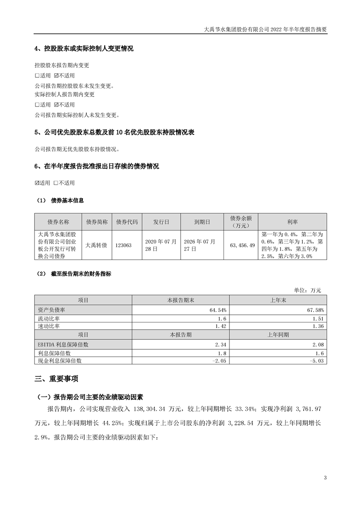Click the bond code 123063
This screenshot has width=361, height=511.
coord(124,245)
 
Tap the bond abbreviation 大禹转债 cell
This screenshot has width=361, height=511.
coord(97,245)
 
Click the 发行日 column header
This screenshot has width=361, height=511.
coord(161,222)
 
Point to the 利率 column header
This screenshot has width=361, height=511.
coord(292,222)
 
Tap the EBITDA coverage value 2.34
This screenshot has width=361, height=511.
coord(220,345)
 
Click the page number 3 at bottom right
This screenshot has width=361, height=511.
coord(325,478)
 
